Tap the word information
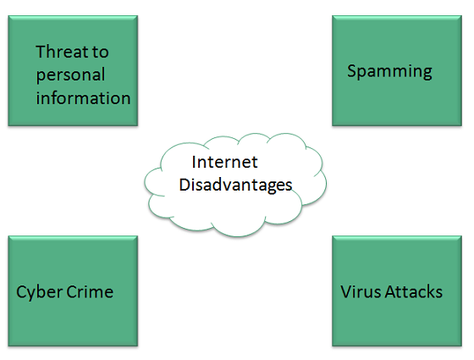tap(83, 97)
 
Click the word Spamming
tap(389, 71)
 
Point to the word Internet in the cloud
tap(224, 162)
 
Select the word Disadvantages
tap(235, 185)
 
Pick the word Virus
tap(358, 292)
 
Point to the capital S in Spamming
tap(352, 71)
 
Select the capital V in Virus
tap(345, 292)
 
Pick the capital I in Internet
tap(195, 162)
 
